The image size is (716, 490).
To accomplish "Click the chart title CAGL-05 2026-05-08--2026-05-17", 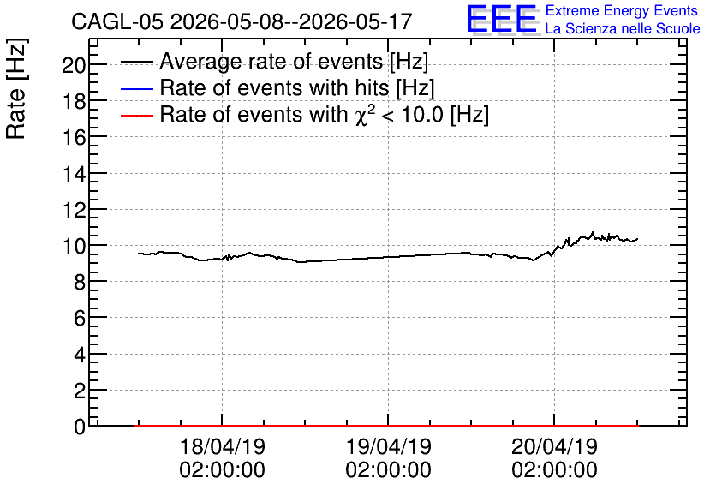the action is click(x=242, y=21).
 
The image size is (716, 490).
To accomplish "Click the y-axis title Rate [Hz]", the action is click(x=16, y=88).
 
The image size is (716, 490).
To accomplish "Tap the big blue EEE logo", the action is click(x=502, y=19).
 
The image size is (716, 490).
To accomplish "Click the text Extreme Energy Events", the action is click(x=622, y=10).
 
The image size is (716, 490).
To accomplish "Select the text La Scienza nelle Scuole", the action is click(x=623, y=29).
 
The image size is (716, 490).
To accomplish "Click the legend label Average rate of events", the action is click(x=294, y=62).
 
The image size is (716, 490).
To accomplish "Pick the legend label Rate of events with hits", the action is click(x=297, y=87).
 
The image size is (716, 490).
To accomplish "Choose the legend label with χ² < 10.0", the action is click(x=325, y=114).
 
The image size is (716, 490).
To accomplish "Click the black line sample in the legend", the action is click(x=136, y=62).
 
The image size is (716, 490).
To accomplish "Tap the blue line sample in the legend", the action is click(x=136, y=88).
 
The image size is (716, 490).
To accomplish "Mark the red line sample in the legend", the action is click(x=136, y=115).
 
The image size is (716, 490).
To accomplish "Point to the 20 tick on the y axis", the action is click(x=74, y=65).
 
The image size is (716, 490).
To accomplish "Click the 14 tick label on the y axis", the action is click(x=74, y=174).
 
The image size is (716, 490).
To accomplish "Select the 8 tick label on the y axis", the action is click(x=80, y=283).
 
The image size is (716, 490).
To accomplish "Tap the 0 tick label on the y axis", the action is click(x=80, y=427).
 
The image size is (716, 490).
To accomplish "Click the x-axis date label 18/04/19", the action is click(x=223, y=446).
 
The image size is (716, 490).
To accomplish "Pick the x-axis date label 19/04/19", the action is click(x=389, y=446).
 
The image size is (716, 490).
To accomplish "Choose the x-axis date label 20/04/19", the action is click(x=554, y=446).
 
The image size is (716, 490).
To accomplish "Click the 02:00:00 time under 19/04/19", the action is click(x=389, y=470).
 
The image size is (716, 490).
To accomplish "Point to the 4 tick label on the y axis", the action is click(x=80, y=355).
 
